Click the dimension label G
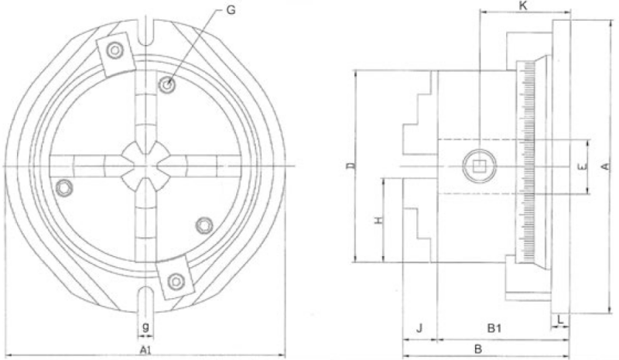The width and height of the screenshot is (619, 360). coord(231,10)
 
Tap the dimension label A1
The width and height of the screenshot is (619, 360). coord(145,349)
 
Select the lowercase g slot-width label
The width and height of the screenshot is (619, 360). coord(145,327)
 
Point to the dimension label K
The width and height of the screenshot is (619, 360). coord(524,6)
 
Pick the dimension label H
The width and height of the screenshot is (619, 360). coord(378,220)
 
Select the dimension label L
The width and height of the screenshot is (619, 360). coord(561,318)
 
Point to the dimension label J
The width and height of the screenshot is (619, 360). coord(419,327)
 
